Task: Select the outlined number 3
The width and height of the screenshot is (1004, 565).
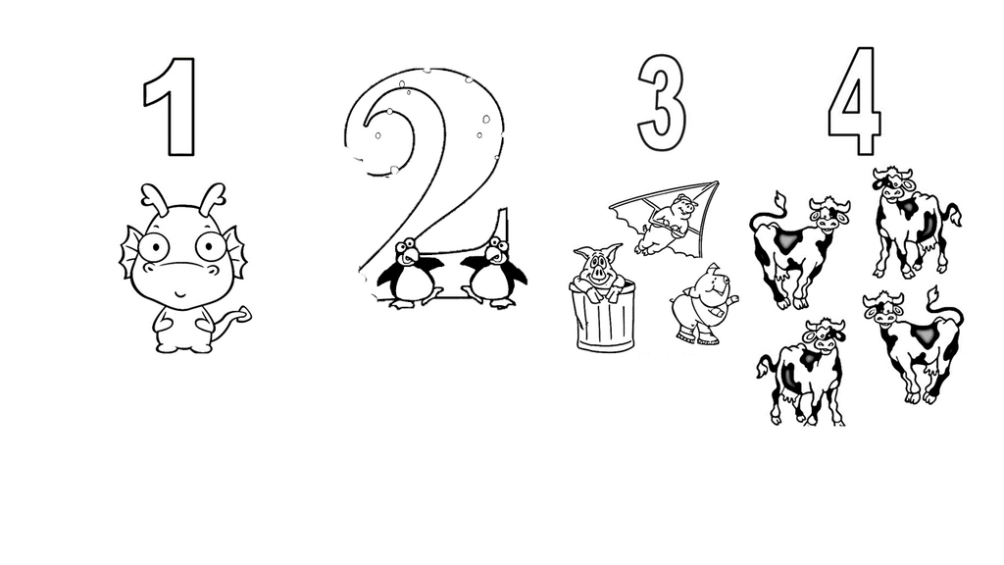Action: (662, 102)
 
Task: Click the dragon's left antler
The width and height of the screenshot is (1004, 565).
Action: (155, 199)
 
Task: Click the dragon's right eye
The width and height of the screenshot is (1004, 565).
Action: (212, 246)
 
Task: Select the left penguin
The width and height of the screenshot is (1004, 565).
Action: (409, 274)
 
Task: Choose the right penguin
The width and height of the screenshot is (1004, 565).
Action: (493, 274)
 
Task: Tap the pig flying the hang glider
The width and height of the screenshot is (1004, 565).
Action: (666, 226)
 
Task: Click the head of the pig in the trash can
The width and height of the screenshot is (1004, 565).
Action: (597, 265)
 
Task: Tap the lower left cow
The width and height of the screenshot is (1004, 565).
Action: (802, 372)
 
